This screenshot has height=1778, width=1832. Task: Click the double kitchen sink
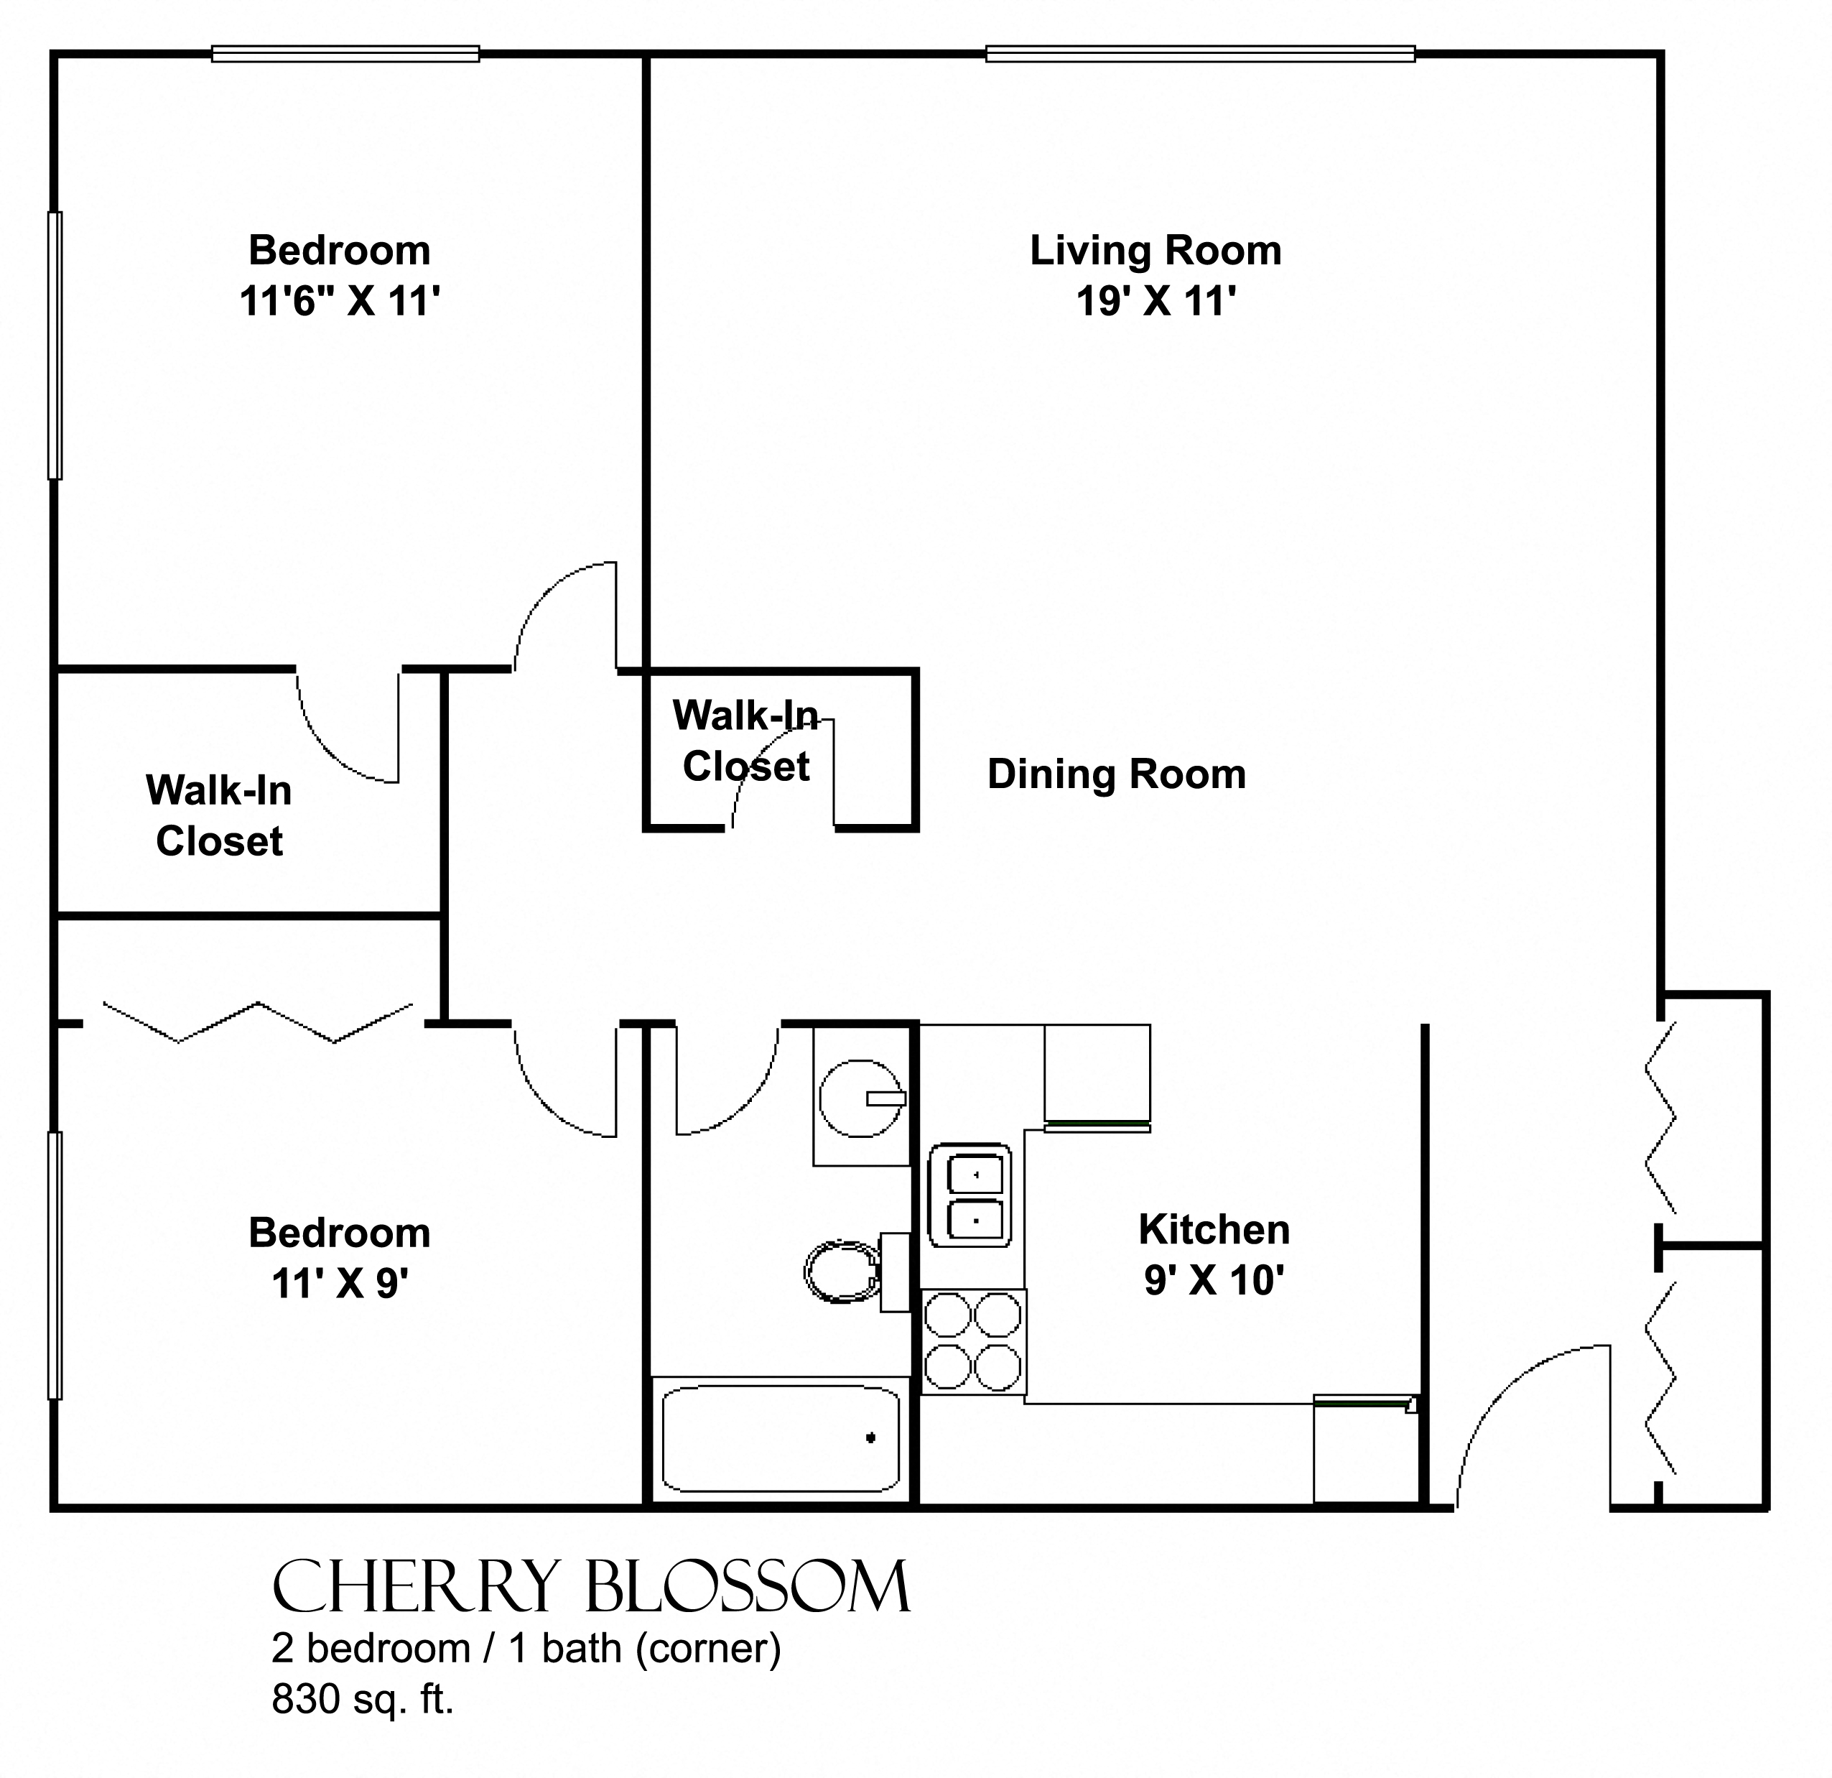coord(970,1195)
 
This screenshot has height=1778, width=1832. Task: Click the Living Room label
coord(1156,251)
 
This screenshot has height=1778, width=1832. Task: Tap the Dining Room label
coord(1117,774)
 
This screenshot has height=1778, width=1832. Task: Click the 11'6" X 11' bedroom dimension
coord(339,301)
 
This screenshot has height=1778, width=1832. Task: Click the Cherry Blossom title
coord(591,1586)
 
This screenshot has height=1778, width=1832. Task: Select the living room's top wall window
coord(1200,54)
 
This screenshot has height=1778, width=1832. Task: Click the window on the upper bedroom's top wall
coord(346,54)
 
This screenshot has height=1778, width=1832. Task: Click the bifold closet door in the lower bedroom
coord(258,1022)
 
